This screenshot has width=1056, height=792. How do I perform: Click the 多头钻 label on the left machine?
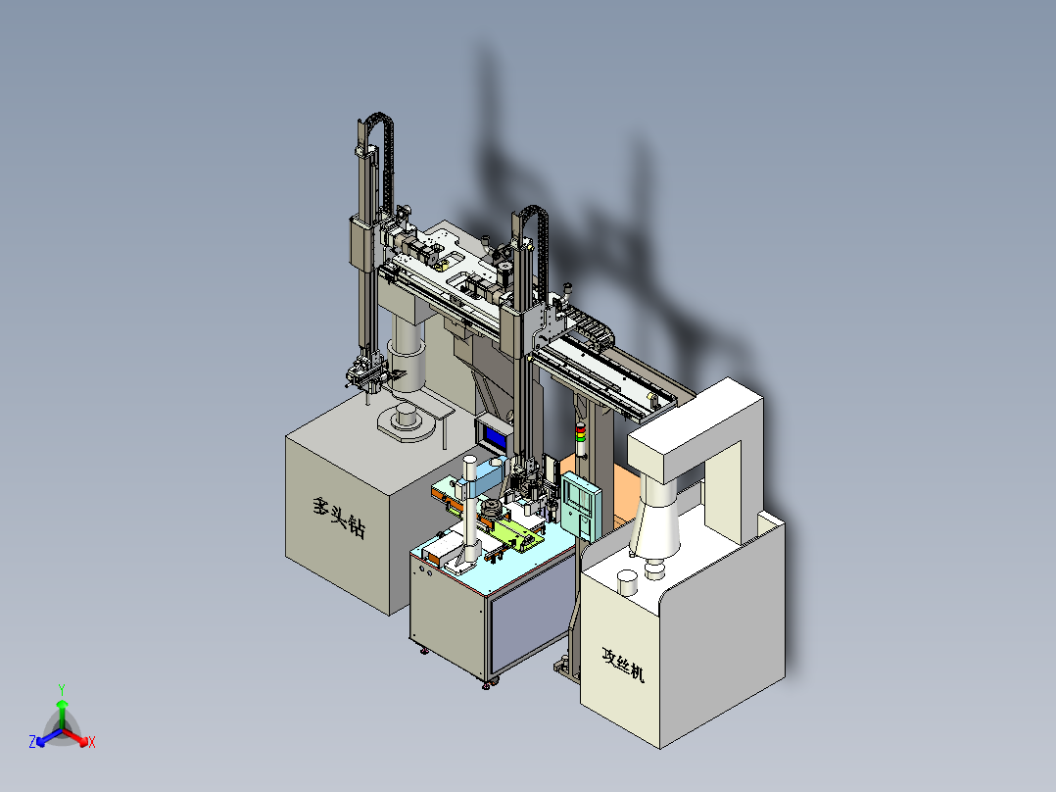(339, 518)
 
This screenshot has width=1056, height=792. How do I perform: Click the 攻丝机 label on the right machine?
(624, 666)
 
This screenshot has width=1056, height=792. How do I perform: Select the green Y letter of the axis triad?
(61, 688)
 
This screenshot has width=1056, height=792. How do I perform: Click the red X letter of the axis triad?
(92, 743)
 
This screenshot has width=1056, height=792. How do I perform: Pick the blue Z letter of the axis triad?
(32, 743)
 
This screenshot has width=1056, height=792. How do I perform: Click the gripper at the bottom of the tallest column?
(364, 376)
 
